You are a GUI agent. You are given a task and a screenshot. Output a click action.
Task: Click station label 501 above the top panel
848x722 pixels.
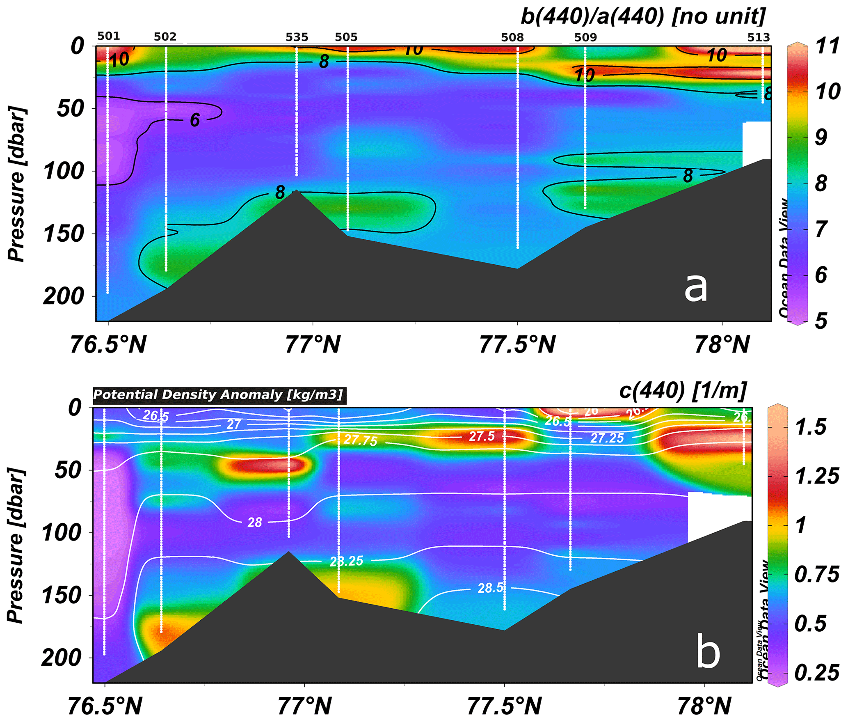(x=109, y=36)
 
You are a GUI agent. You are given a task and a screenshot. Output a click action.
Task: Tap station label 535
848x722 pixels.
(x=297, y=37)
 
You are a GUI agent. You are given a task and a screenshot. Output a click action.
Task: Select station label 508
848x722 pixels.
(x=512, y=37)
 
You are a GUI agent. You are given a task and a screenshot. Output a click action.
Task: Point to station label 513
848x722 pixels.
(x=758, y=37)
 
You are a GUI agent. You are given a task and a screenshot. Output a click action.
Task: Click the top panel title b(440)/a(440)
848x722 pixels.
(x=642, y=17)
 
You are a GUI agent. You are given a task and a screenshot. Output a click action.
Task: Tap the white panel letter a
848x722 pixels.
(x=696, y=288)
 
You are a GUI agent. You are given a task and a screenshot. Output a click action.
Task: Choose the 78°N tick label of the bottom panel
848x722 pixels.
(x=704, y=706)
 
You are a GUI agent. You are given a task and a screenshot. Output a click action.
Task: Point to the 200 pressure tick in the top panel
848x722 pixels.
(x=64, y=296)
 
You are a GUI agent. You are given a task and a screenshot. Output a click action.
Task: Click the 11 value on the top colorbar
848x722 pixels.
(x=827, y=46)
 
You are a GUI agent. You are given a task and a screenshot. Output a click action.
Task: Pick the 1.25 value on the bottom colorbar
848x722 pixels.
(x=817, y=476)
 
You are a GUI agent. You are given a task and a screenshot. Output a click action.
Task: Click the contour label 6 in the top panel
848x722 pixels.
(x=195, y=120)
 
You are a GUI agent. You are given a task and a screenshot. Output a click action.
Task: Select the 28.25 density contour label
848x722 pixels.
(x=347, y=561)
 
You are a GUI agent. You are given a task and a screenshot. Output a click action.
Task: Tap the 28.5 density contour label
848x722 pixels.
(x=491, y=588)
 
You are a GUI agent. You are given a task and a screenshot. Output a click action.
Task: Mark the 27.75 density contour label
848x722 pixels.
(x=360, y=440)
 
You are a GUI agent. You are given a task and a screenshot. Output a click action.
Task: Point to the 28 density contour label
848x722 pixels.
(x=255, y=523)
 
